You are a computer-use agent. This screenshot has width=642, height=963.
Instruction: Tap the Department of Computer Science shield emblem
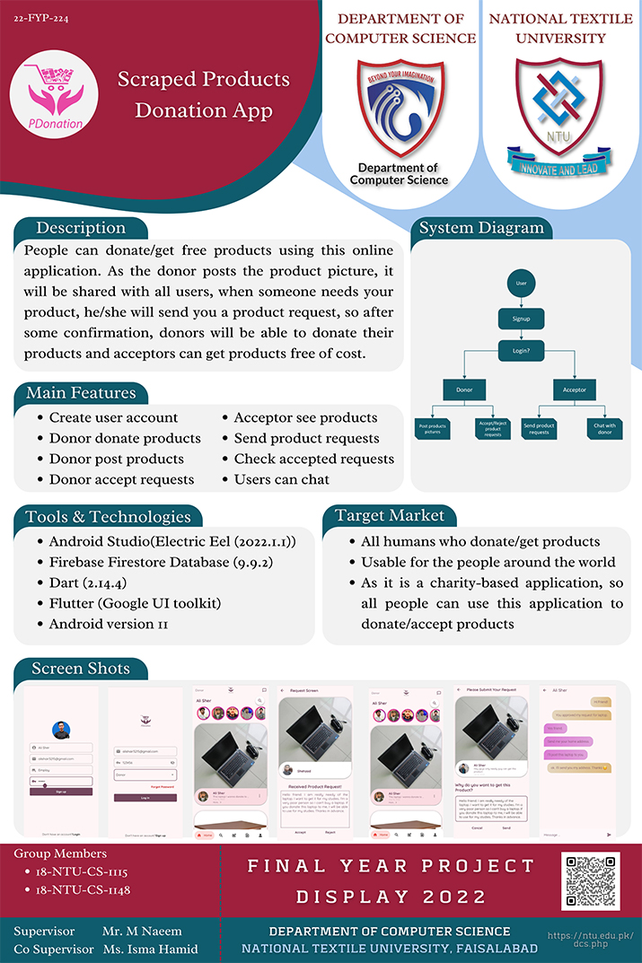click(400, 108)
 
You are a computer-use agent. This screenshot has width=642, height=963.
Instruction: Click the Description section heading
click(81, 228)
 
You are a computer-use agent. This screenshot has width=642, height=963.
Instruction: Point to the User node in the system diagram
click(521, 283)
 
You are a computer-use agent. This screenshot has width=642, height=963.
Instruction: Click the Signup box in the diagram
click(521, 319)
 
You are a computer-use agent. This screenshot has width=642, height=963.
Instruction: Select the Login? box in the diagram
click(521, 351)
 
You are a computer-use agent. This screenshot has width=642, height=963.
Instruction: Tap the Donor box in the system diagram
click(463, 390)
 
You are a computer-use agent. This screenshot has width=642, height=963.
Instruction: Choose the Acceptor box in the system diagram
click(574, 390)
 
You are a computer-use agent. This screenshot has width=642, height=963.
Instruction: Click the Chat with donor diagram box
click(604, 428)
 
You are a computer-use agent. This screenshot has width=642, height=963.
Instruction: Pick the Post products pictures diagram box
click(433, 428)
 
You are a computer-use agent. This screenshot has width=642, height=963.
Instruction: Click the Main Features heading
click(81, 393)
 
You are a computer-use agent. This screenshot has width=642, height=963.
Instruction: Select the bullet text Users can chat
click(281, 479)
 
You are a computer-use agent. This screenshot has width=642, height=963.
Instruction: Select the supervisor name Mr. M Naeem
click(142, 931)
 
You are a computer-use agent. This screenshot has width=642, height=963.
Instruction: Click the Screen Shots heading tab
click(81, 669)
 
